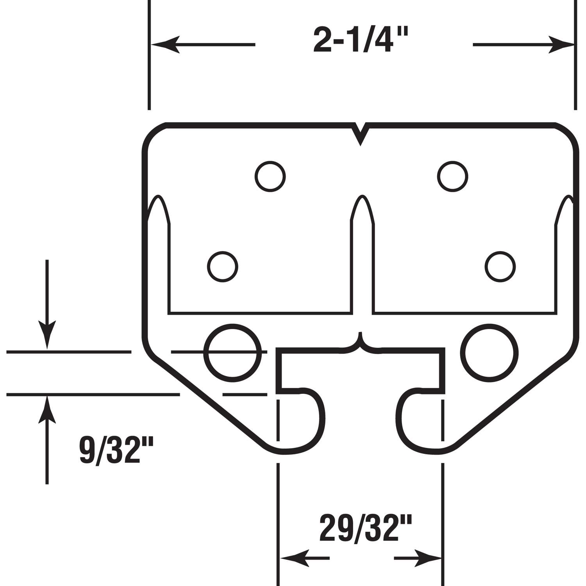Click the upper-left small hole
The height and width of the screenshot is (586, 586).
(x=270, y=176)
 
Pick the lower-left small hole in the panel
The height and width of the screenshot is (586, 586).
(x=222, y=267)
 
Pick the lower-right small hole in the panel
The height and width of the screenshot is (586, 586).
(x=500, y=267)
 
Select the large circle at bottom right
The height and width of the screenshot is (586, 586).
(x=490, y=353)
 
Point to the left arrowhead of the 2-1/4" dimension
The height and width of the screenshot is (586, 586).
(x=164, y=45)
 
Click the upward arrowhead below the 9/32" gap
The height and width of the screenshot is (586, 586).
(x=47, y=410)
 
